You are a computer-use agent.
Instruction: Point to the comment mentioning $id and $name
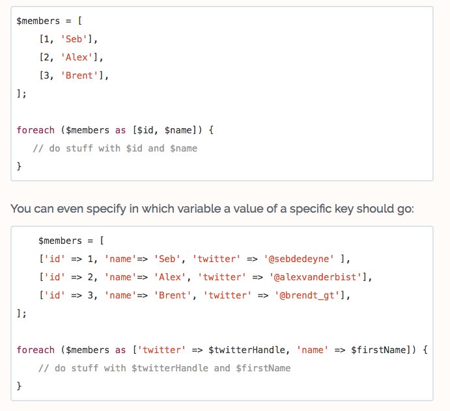pyautogui.click(x=115, y=148)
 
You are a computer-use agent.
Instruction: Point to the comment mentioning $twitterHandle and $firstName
pyautogui.click(x=164, y=368)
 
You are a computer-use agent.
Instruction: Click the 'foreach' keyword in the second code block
pyautogui.click(x=35, y=350)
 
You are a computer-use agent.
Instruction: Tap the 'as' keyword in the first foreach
pyautogui.click(x=120, y=130)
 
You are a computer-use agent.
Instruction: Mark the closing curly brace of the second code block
pyautogui.click(x=19, y=386)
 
